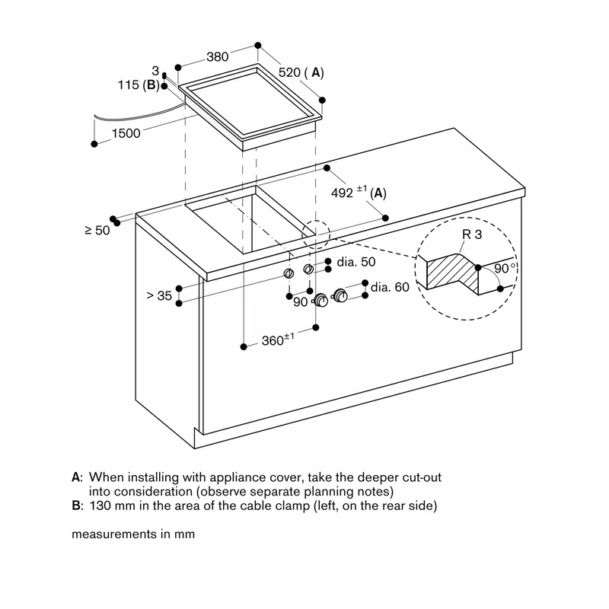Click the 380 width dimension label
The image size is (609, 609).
(217, 57)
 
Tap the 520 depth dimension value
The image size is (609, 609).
(289, 72)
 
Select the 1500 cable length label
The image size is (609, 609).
(126, 133)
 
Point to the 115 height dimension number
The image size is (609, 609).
(128, 84)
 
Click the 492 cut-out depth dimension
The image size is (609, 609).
(342, 193)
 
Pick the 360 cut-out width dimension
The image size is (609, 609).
(273, 340)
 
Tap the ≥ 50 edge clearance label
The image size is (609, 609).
(97, 231)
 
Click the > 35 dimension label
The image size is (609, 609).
(159, 295)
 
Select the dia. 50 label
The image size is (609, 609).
(356, 262)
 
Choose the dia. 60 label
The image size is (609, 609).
(390, 287)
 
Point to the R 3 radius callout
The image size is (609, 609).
(472, 234)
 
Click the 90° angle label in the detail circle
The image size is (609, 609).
(505, 268)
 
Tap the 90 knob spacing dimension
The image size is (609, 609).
(300, 301)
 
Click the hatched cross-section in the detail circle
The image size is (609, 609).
(453, 272)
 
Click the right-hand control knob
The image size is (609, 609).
(340, 295)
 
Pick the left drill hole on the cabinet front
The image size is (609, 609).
(289, 273)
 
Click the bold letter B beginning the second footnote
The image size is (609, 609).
(76, 505)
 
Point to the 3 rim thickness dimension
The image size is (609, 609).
(155, 71)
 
